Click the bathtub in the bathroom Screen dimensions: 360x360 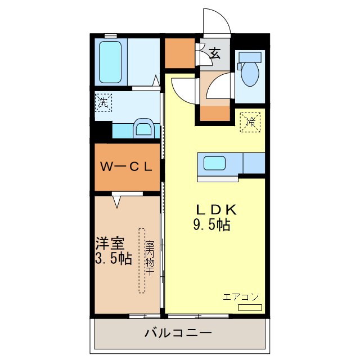[x=110, y=61]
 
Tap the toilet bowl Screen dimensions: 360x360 [x=249, y=73]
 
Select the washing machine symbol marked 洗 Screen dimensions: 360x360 [x=103, y=102]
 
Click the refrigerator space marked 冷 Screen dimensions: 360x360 [x=251, y=121]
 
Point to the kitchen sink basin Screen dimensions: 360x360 [x=215, y=164]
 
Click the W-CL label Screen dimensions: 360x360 [x=127, y=166]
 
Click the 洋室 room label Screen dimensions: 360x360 [x=109, y=245]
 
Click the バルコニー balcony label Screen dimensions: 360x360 [x=178, y=333]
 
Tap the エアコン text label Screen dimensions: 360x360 [x=241, y=296]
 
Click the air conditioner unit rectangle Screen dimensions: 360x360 [x=250, y=307]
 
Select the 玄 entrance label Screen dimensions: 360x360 [x=215, y=53]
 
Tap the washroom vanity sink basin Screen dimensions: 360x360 [x=144, y=128]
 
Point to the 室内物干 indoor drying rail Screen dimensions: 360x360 [x=142, y=260]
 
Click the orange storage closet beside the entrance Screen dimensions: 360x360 [x=179, y=52]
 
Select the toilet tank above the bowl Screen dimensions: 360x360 [x=250, y=57]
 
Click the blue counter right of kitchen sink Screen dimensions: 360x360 [x=254, y=163]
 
